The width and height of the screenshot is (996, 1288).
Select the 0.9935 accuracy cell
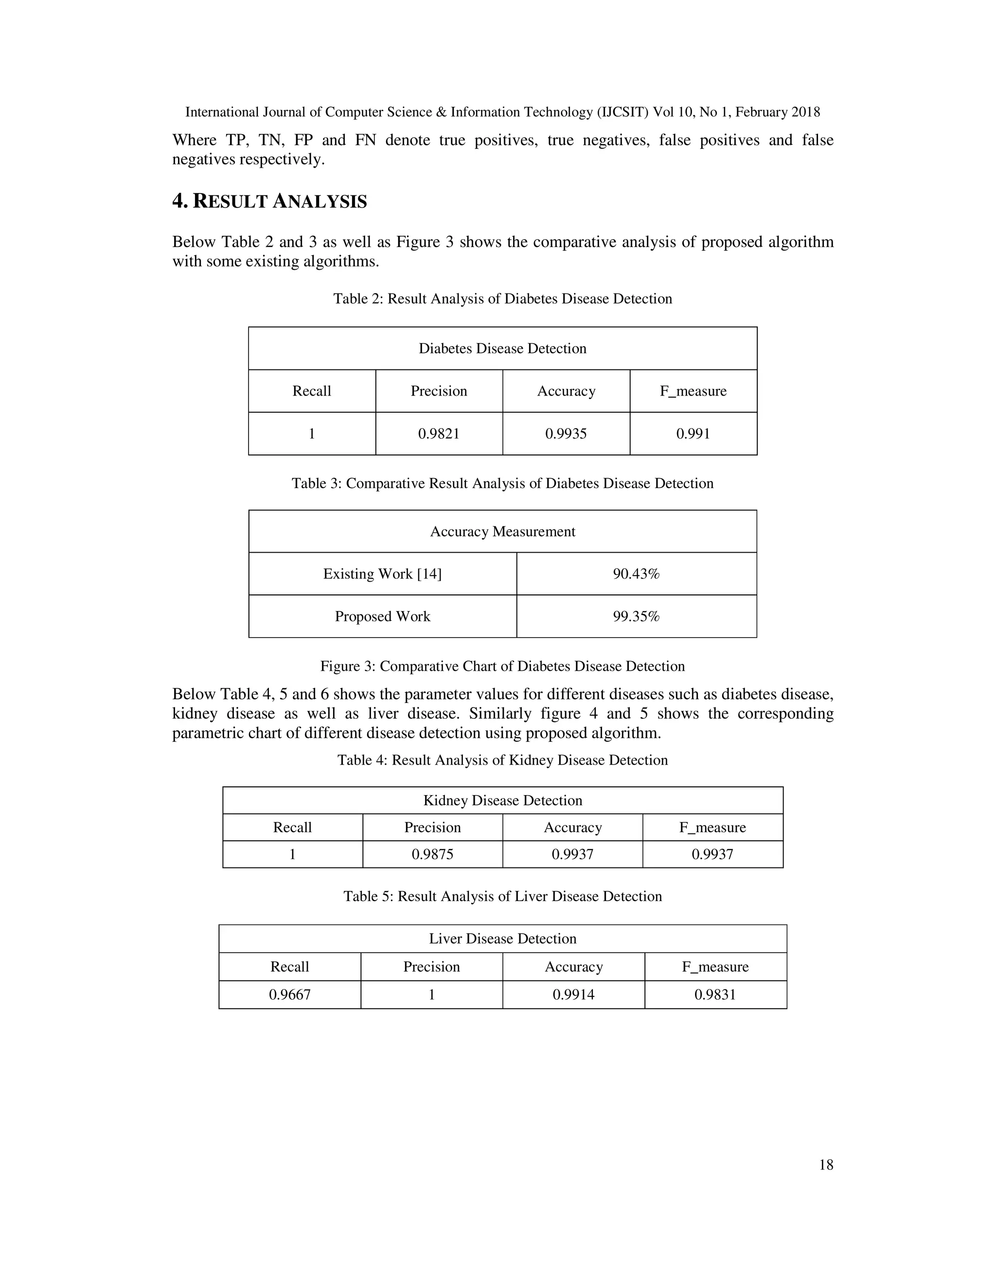tap(566, 434)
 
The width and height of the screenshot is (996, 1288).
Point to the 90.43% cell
tap(636, 574)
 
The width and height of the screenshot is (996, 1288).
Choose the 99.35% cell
tap(636, 616)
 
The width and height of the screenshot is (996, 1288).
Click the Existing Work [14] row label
tap(382, 574)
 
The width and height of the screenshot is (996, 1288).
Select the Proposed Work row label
tap(382, 616)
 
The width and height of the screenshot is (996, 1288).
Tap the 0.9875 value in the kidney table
tap(432, 854)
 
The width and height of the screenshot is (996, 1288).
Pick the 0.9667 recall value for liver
tap(290, 995)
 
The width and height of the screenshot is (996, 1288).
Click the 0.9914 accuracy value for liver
tap(573, 995)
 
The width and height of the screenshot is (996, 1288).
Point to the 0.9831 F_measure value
tap(715, 995)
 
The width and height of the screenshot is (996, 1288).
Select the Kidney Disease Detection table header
tap(503, 801)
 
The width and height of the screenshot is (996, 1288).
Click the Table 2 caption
tap(503, 299)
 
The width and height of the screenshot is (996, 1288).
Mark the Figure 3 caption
tap(503, 666)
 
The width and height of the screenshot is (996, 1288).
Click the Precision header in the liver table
tap(431, 967)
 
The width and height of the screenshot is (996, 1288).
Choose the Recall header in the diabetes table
tap(312, 391)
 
